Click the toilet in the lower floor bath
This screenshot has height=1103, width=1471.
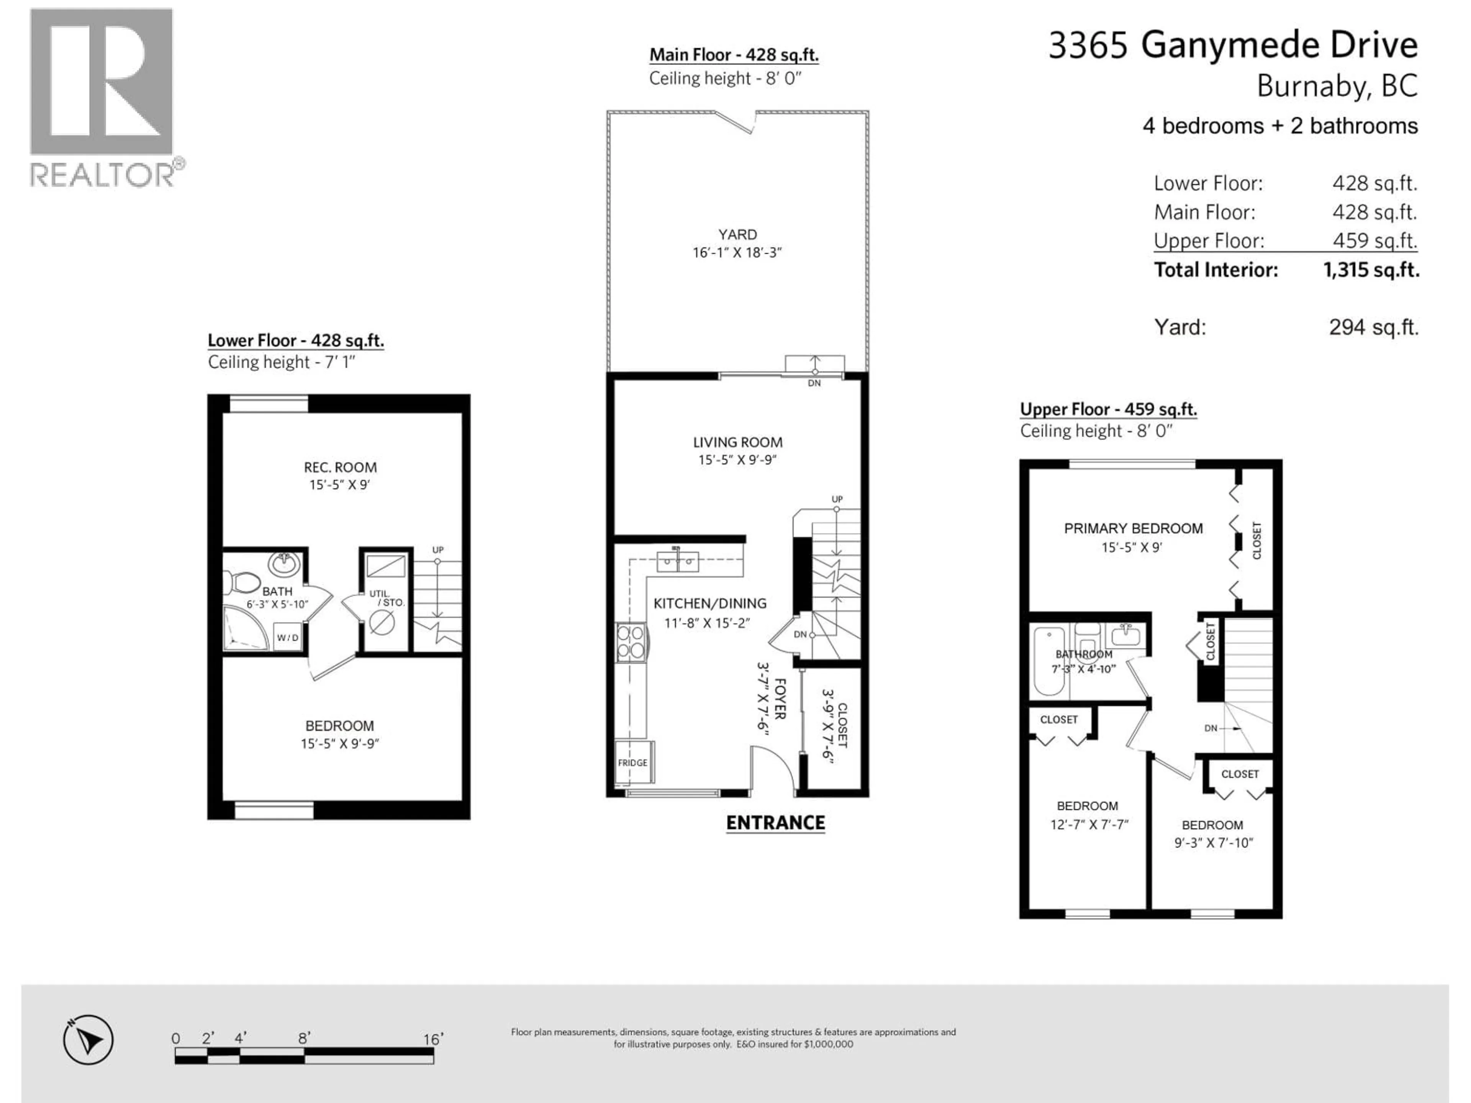tap(243, 583)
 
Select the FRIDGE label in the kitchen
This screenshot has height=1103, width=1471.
tap(632, 763)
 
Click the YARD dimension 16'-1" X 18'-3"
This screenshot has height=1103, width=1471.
tap(737, 253)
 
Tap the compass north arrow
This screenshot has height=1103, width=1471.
tap(88, 1039)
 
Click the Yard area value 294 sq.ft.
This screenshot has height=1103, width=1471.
tap(1373, 327)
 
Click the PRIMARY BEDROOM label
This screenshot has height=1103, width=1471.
tap(1133, 529)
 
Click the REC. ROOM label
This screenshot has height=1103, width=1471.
tap(340, 467)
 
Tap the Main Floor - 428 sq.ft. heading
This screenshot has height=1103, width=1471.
tap(734, 55)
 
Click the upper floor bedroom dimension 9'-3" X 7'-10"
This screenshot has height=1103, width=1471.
tap(1213, 843)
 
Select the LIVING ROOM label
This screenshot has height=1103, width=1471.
tap(737, 442)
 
